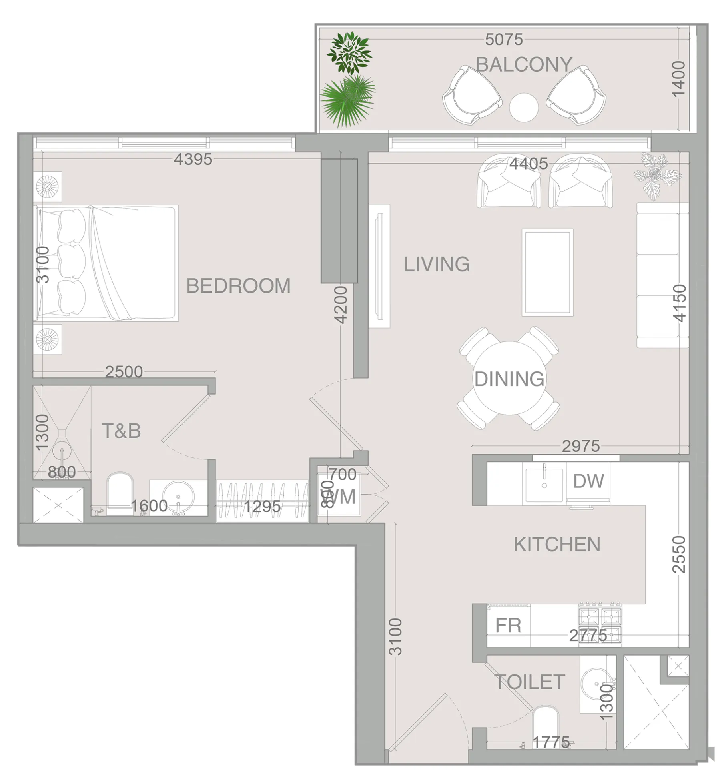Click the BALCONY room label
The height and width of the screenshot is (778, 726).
(523, 64)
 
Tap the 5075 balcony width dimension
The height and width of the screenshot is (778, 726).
(504, 39)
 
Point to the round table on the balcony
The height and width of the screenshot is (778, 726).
(523, 107)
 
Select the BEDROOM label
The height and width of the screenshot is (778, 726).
(238, 286)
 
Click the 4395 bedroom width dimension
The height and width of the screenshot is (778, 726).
(193, 159)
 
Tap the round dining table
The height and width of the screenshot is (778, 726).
(509, 378)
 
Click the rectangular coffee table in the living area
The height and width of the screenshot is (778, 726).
(547, 272)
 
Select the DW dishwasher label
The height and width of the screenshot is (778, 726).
(588, 481)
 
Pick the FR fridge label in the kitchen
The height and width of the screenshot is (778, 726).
(508, 625)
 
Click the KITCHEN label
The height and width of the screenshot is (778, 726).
(557, 545)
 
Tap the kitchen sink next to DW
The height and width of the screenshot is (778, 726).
(544, 484)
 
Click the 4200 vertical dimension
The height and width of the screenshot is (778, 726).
(341, 305)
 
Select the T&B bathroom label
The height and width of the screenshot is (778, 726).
(121, 431)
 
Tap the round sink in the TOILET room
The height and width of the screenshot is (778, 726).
(596, 684)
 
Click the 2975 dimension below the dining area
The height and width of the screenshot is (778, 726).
(580, 446)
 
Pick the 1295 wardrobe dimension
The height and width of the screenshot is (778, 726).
(262, 507)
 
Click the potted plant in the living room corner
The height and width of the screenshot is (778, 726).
(657, 175)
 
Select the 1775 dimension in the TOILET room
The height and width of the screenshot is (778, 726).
(551, 743)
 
